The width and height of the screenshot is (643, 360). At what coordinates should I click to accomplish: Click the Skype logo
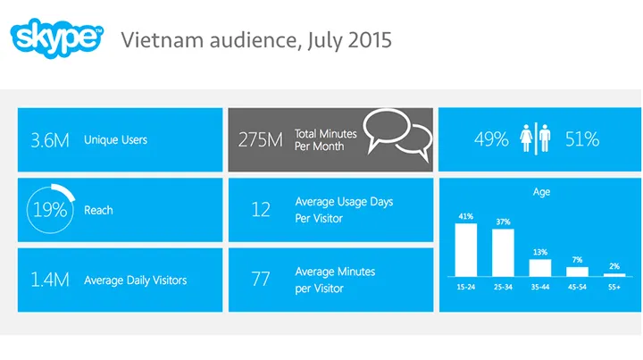point(54,38)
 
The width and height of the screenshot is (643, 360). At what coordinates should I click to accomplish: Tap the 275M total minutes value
point(261,139)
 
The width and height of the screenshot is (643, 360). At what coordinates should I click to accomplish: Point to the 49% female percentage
point(491,139)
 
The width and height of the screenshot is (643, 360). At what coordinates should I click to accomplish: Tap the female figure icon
point(527,138)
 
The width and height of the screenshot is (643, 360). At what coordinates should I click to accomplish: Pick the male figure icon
point(544,138)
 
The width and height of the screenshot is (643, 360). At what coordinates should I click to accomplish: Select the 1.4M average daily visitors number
point(49,280)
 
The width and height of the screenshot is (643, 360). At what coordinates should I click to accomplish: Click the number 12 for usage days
point(260,210)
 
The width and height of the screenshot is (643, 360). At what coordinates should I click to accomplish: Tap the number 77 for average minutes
point(260,280)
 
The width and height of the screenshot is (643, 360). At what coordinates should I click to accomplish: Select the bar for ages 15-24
point(466,248)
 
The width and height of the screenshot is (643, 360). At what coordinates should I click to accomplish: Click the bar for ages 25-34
point(503,252)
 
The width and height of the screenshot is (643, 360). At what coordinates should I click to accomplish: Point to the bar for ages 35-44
point(540,267)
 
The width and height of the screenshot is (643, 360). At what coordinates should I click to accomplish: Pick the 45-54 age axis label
point(577,288)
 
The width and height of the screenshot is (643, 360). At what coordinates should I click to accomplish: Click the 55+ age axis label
point(614,288)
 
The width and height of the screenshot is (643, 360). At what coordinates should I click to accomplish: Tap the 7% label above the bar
point(577,259)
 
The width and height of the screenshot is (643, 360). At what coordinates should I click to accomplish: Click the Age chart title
point(541,192)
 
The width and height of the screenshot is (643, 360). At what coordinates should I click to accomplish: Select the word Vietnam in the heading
point(154,40)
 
